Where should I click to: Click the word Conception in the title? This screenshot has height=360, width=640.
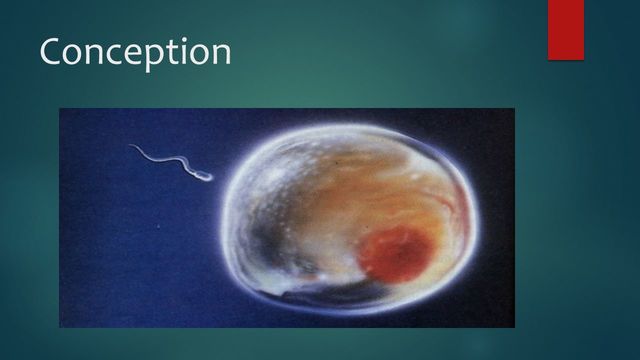[135, 52]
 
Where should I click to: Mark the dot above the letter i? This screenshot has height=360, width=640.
[187, 39]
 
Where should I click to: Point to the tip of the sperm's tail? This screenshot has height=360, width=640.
[130, 148]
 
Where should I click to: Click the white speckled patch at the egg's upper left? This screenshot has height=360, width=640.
[275, 160]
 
